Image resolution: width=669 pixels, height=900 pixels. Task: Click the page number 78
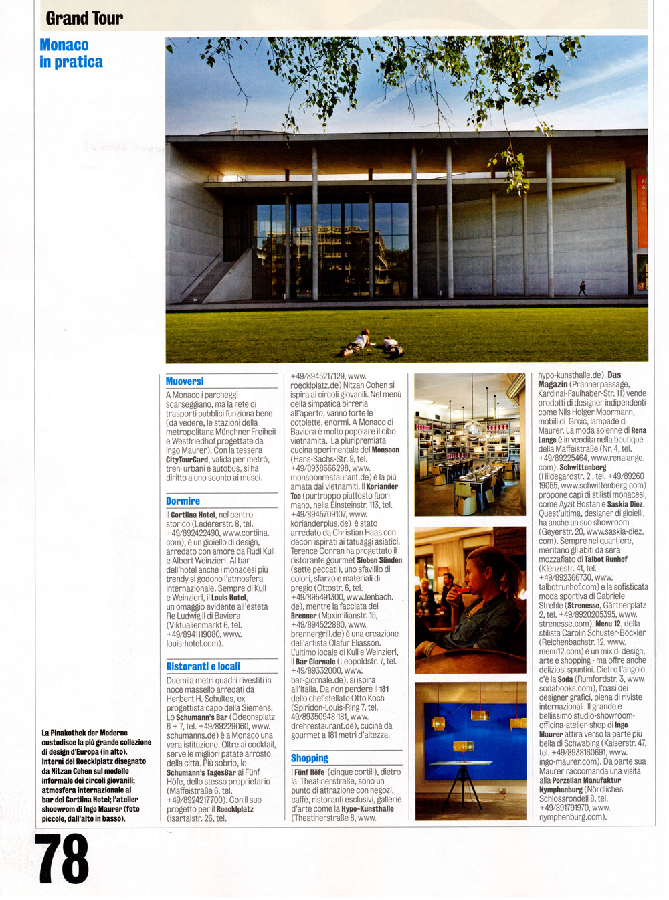(64, 859)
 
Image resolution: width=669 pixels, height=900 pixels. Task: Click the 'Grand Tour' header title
(84, 18)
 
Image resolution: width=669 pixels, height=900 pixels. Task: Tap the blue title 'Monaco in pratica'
(71, 54)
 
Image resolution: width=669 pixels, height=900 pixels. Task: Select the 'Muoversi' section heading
(185, 381)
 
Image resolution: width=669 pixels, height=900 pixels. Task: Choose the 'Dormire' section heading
(183, 501)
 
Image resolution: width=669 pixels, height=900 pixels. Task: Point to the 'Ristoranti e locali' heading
(203, 666)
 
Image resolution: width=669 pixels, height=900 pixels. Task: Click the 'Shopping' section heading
(310, 758)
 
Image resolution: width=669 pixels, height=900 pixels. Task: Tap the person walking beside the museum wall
(582, 288)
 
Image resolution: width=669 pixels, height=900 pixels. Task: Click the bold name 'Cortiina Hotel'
(193, 515)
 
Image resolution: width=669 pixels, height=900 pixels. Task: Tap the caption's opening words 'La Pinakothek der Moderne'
(84, 733)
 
